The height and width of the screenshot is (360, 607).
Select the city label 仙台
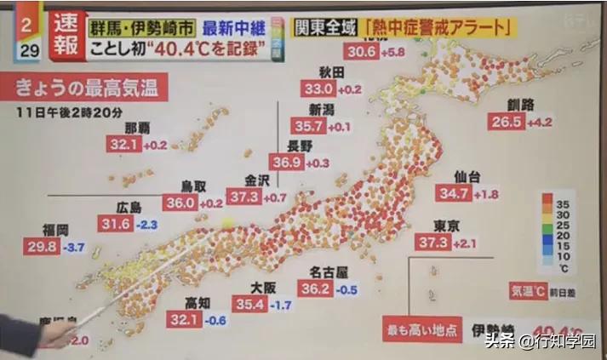point(467,176)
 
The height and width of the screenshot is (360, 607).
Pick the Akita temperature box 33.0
point(318,89)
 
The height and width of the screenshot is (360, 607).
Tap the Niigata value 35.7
point(309,126)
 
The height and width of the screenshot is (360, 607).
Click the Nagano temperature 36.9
point(286,162)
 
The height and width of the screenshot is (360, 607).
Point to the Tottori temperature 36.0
point(180,203)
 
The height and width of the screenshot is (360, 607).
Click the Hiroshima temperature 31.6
point(115,224)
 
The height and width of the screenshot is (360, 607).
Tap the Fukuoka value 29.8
point(43,247)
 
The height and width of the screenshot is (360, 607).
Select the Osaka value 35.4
point(251,304)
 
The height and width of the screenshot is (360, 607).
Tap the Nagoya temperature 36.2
point(315,289)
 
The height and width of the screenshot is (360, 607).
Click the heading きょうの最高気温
point(89,87)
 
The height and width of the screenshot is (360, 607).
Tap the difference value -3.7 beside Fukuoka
point(76,247)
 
